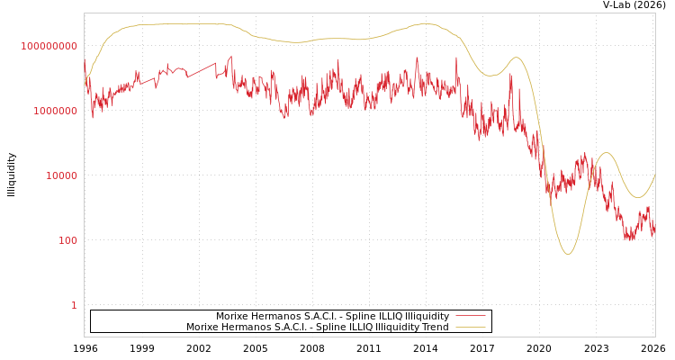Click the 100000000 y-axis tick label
click(x=49, y=46)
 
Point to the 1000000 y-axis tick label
click(x=55, y=111)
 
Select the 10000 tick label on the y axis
click(x=62, y=175)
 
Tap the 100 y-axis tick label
click(x=68, y=240)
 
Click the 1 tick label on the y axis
click(x=74, y=305)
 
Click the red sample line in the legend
click(x=470, y=317)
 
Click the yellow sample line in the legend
click(x=470, y=328)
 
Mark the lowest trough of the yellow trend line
click(x=567, y=254)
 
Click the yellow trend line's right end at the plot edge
click(x=654, y=175)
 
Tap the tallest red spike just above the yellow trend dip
click(x=511, y=75)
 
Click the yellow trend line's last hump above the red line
click(x=607, y=153)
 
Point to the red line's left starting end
click(x=85, y=61)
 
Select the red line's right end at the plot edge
click(x=654, y=225)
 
